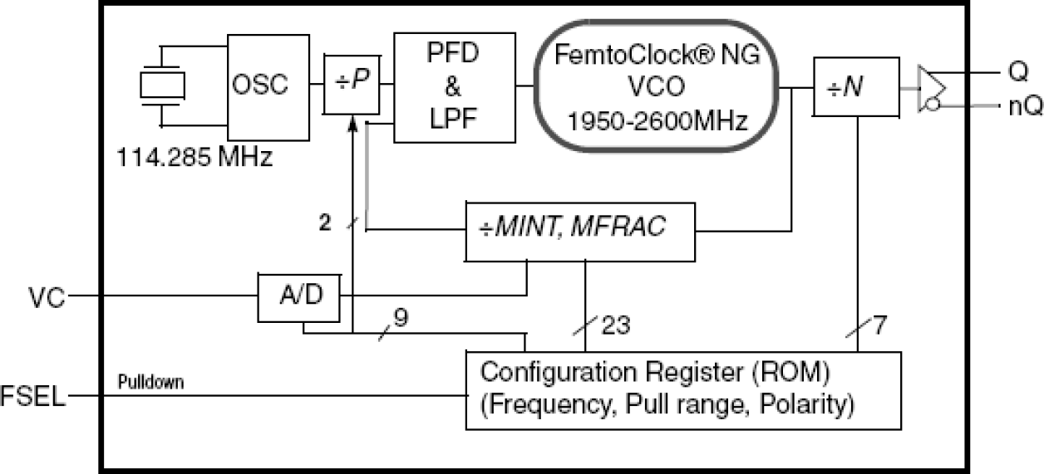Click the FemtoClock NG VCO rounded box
[x=657, y=86]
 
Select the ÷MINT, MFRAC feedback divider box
[x=580, y=227]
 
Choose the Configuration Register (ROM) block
[x=682, y=390]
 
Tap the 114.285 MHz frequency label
[x=195, y=156]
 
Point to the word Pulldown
[x=151, y=383]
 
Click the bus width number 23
[x=614, y=326]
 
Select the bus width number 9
[x=401, y=317]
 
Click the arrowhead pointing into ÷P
[x=353, y=123]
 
